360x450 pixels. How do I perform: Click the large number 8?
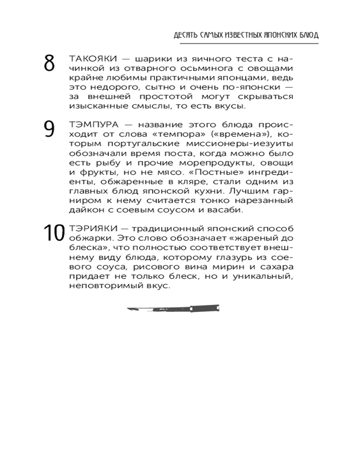click(49, 64)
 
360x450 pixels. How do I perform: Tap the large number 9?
click(49, 129)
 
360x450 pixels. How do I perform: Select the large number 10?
click(54, 234)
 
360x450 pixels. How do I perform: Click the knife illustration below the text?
click(174, 309)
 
